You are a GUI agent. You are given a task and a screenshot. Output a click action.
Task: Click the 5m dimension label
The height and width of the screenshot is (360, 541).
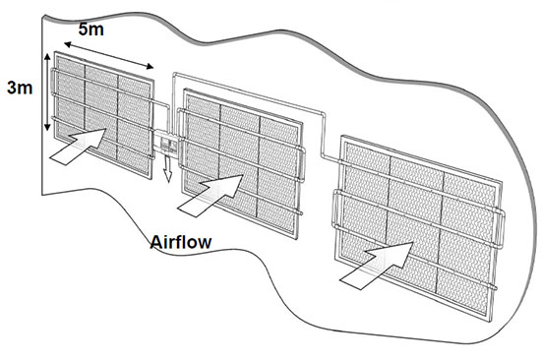click(91, 29)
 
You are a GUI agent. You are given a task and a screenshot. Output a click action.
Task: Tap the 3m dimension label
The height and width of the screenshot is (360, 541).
click(20, 88)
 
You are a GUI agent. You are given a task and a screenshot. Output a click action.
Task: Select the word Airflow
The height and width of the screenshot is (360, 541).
click(181, 242)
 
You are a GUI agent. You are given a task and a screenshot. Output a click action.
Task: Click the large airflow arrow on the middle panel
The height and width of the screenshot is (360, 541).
click(210, 196)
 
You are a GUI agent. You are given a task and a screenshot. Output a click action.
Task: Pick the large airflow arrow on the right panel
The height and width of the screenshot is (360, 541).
click(377, 266)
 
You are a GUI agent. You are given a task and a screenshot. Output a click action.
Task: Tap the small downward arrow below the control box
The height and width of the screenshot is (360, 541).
click(167, 168)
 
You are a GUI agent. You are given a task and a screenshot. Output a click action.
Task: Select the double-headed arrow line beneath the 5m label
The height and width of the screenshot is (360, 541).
click(108, 55)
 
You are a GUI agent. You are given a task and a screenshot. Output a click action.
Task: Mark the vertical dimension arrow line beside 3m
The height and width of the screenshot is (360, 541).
click(47, 91)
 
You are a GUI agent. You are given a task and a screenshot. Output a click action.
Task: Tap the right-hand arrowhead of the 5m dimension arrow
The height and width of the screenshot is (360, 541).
click(150, 66)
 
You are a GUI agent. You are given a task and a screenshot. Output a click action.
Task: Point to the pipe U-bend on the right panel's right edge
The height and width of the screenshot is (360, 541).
click(501, 229)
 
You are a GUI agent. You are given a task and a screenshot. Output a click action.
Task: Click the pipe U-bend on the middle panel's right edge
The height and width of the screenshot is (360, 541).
click(302, 163)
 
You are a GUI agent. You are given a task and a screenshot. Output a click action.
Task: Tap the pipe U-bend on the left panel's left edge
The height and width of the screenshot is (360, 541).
click(53, 83)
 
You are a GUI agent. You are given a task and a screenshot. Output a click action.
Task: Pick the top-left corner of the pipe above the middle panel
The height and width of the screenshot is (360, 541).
click(174, 74)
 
